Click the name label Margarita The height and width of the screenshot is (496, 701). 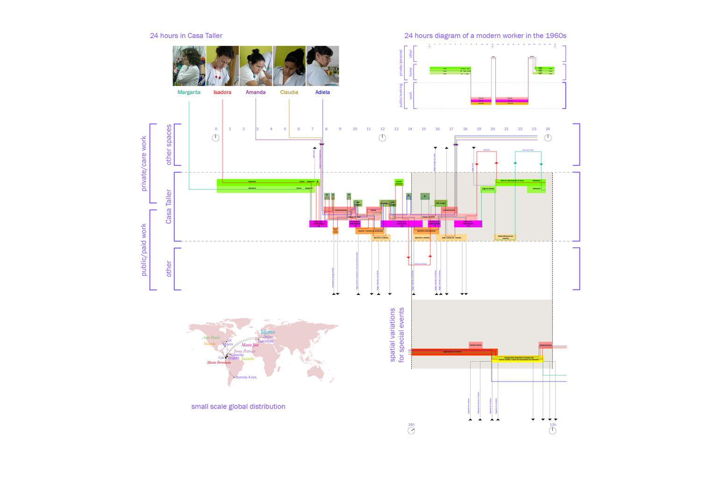click(x=189, y=92)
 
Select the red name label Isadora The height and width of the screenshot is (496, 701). click(x=222, y=92)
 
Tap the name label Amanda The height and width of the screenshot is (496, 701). click(x=256, y=92)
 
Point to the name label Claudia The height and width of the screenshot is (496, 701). click(x=289, y=92)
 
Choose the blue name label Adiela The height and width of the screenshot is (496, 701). click(x=322, y=92)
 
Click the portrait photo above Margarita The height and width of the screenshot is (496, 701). click(x=189, y=66)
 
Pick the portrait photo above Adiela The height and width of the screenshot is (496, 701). click(x=322, y=66)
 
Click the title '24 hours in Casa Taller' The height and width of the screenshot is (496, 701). click(x=186, y=36)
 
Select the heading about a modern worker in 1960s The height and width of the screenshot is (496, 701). click(x=485, y=36)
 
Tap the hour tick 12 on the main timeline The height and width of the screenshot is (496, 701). click(x=382, y=129)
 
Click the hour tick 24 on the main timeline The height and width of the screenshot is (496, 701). click(x=548, y=129)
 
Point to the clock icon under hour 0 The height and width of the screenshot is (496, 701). click(x=215, y=138)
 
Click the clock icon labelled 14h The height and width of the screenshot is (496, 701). click(x=411, y=431)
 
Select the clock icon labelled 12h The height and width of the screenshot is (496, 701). click(x=552, y=431)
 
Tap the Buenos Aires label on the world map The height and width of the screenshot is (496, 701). click(x=246, y=377)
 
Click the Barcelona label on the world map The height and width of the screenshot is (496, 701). click(x=266, y=341)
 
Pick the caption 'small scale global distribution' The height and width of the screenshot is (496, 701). click(x=238, y=407)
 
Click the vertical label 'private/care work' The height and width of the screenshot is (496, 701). click(x=143, y=164)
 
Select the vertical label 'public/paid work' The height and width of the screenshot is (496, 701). click(x=143, y=250)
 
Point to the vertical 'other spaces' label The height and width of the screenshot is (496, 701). click(x=169, y=144)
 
